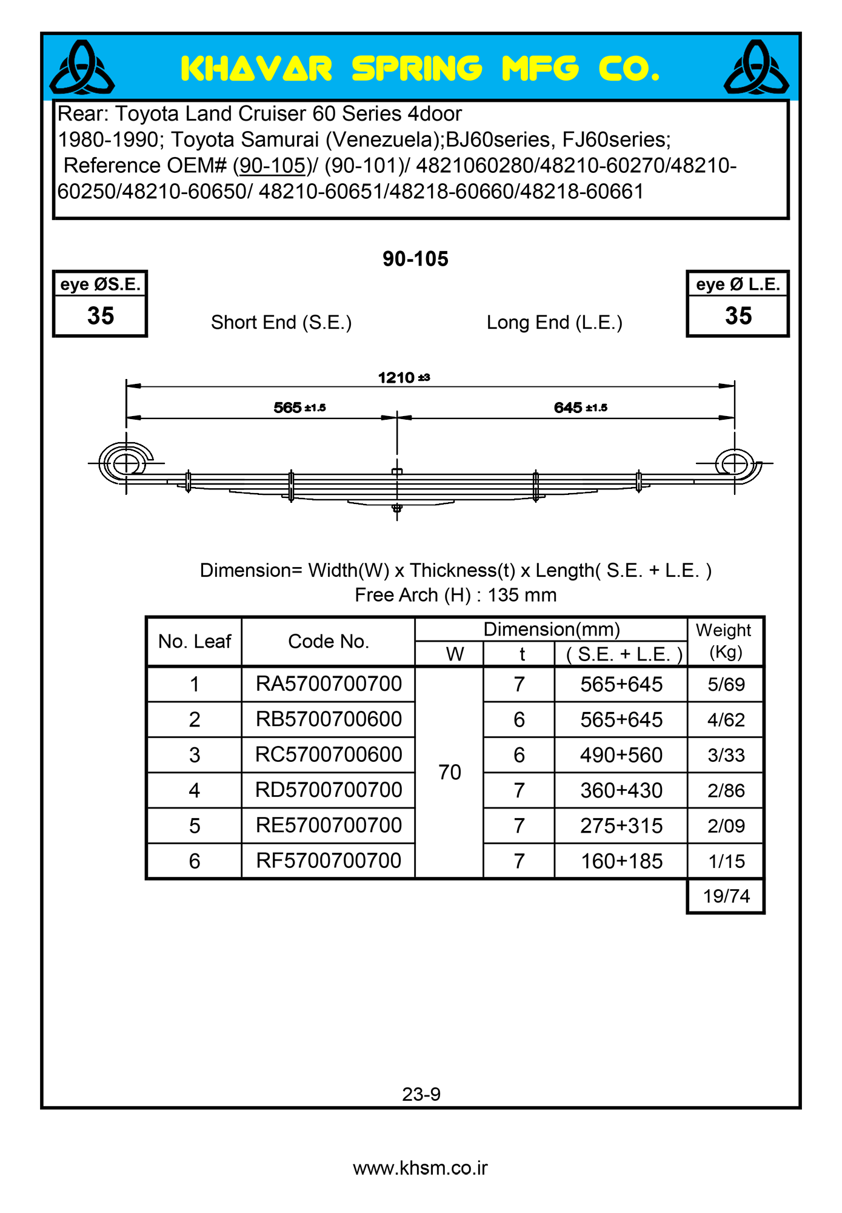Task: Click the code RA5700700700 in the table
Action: click(x=329, y=684)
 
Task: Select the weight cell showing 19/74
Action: click(x=726, y=896)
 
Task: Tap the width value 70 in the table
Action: click(x=450, y=772)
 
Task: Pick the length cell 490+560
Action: click(x=621, y=755)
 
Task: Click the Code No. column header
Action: click(x=329, y=641)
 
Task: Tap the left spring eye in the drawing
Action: click(x=126, y=464)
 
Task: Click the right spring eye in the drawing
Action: click(x=734, y=464)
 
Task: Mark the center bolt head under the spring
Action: click(x=397, y=508)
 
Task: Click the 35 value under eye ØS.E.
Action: click(x=101, y=316)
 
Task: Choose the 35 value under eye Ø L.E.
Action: click(x=738, y=316)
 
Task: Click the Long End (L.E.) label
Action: click(x=554, y=323)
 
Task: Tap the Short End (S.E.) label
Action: click(x=281, y=323)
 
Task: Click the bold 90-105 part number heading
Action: click(x=415, y=259)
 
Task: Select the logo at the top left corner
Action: click(x=82, y=67)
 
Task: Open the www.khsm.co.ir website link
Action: click(x=420, y=1168)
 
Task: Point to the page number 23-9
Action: click(x=421, y=1094)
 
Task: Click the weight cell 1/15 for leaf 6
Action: click(x=726, y=861)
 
